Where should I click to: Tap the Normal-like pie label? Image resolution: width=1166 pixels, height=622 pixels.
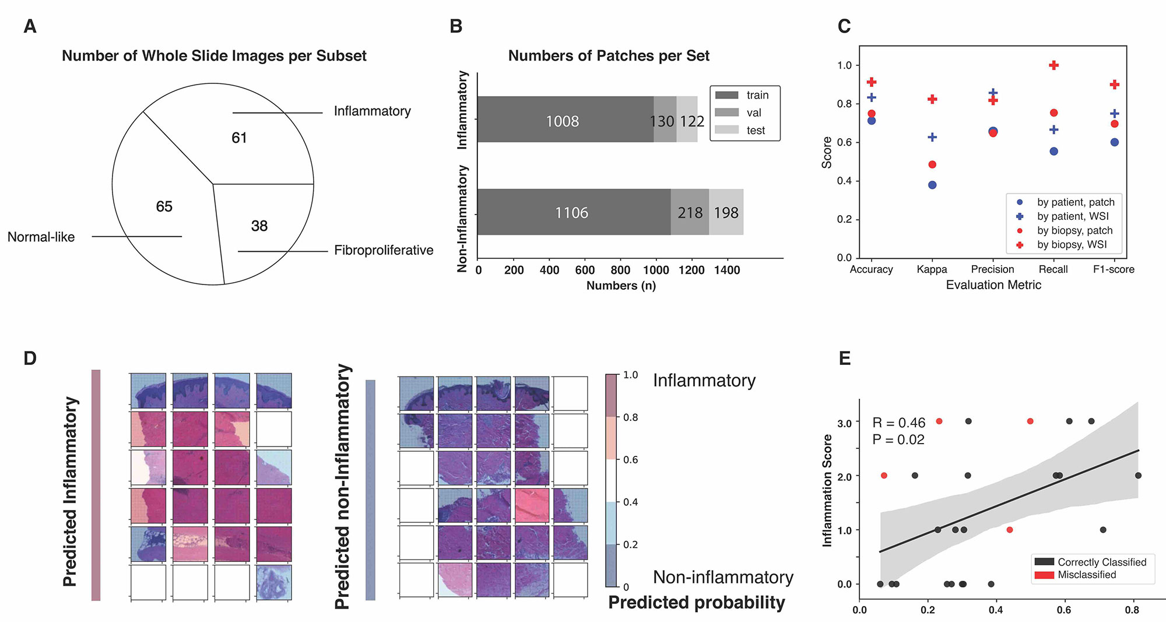click(41, 237)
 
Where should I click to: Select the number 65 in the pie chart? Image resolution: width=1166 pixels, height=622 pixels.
click(164, 207)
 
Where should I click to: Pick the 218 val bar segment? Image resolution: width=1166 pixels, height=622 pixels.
click(690, 213)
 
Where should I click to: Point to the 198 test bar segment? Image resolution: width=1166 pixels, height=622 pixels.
click(726, 213)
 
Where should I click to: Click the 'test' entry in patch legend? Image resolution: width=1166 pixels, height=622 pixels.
click(756, 131)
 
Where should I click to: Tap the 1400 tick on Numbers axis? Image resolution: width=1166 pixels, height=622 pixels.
click(727, 270)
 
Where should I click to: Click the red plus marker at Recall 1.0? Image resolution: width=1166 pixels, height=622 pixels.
click(1053, 65)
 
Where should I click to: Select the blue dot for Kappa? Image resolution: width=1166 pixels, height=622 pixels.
click(932, 185)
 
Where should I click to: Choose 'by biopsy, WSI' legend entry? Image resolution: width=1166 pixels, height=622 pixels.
click(1072, 245)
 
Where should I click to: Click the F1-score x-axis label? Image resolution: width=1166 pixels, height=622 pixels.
click(1114, 269)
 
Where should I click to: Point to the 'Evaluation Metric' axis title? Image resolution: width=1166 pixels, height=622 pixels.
click(993, 285)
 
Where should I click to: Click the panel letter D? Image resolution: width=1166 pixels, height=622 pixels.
click(30, 359)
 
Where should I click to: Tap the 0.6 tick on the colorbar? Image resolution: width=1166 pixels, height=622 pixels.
click(631, 460)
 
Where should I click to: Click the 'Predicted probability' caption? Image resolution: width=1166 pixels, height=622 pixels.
click(697, 603)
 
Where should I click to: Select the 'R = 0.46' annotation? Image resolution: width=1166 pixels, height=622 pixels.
click(898, 423)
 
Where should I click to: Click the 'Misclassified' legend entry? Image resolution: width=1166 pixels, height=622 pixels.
click(1087, 575)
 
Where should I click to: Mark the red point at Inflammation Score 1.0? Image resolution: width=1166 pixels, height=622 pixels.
click(1010, 530)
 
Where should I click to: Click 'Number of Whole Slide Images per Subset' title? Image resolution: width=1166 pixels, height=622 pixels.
click(214, 56)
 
